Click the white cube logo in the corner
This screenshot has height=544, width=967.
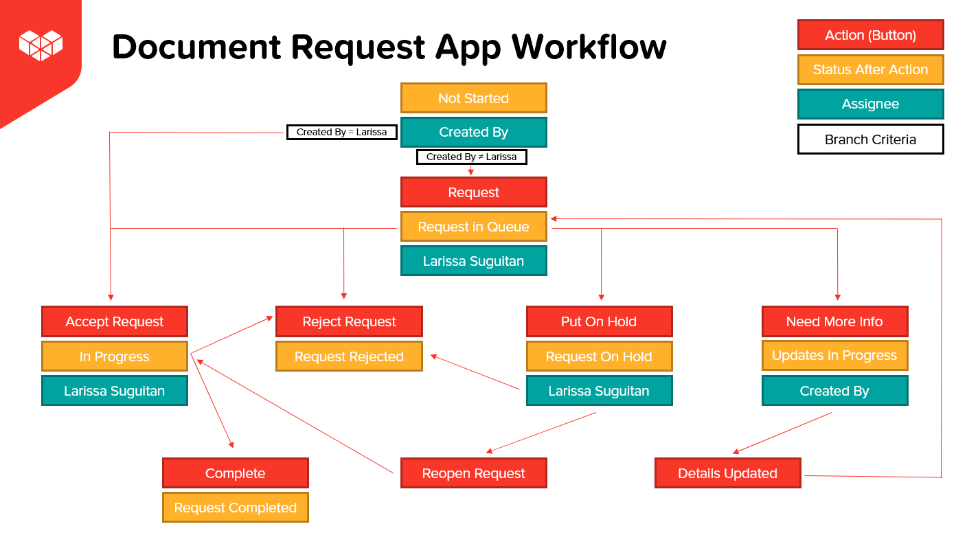[x=41, y=45]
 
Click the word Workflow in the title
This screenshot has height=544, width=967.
[x=589, y=47]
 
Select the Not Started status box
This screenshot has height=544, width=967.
[x=474, y=98]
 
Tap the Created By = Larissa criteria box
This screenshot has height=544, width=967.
[x=342, y=132]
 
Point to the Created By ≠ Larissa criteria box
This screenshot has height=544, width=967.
[x=471, y=157]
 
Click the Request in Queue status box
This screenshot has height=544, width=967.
[x=474, y=227]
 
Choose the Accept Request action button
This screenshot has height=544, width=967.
[x=115, y=321]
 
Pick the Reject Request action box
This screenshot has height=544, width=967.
[x=349, y=321]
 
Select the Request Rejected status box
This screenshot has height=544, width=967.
[x=349, y=356]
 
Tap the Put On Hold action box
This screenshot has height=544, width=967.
[x=599, y=321]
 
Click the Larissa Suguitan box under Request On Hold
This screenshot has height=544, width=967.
[x=599, y=391]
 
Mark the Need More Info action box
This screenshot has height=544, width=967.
[x=834, y=321]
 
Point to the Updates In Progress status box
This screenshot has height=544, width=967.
[x=834, y=355]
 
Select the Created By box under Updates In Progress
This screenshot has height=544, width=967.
[x=834, y=391]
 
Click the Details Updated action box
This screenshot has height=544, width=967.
[x=727, y=473]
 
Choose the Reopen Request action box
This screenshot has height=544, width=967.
[x=474, y=473]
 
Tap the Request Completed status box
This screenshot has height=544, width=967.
[x=236, y=508]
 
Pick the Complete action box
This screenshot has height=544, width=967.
[x=236, y=473]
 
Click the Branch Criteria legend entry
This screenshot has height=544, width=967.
[x=870, y=139]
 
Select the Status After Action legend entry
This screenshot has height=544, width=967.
[x=870, y=69]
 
